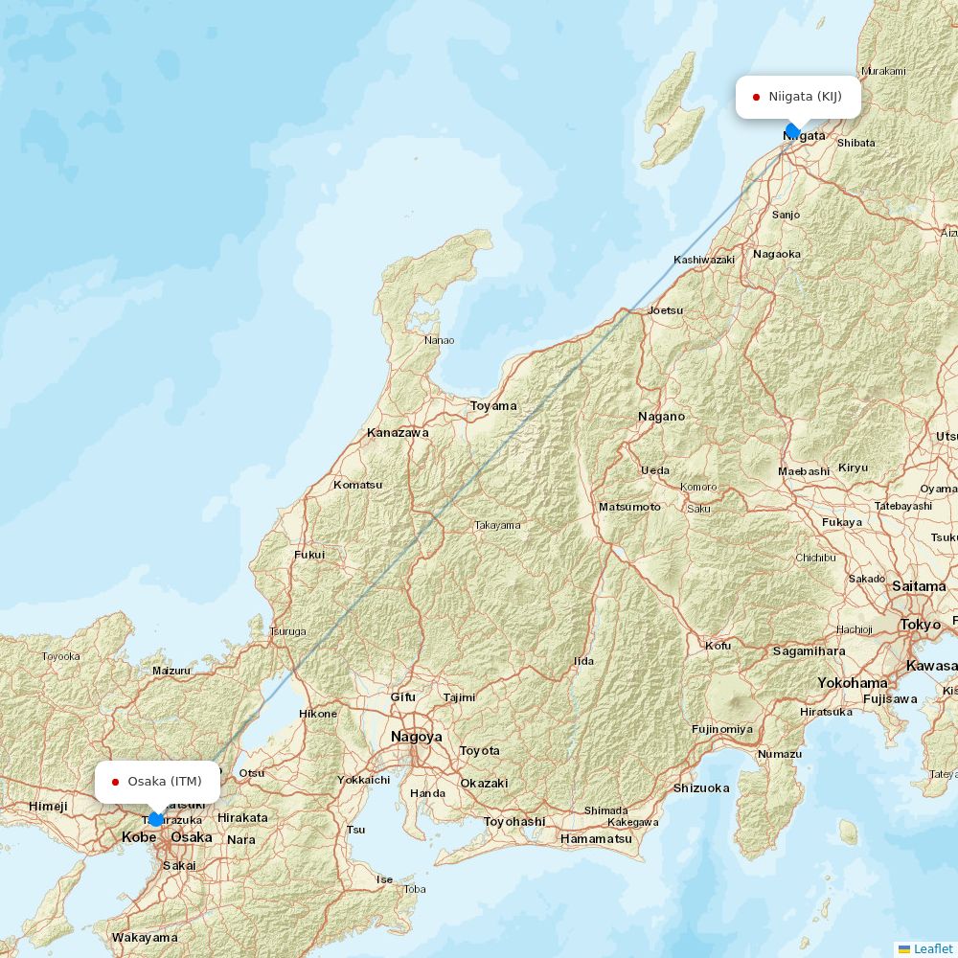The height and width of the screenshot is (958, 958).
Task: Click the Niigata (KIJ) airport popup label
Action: [x=798, y=97]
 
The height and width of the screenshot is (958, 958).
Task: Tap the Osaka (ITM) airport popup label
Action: [x=157, y=782]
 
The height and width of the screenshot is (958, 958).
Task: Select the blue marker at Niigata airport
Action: [x=792, y=130]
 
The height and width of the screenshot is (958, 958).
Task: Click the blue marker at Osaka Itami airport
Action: [x=155, y=819]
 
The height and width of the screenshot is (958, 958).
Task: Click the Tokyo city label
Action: [x=920, y=625]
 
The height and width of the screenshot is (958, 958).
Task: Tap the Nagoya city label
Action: [x=417, y=737]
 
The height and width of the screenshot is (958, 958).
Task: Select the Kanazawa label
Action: [x=398, y=433]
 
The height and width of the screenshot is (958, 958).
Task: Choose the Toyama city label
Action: [x=493, y=406]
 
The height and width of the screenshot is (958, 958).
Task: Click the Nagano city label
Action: [x=662, y=417]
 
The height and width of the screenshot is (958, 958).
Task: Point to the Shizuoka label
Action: [x=701, y=788]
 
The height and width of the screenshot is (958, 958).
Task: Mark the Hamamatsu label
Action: [x=596, y=839]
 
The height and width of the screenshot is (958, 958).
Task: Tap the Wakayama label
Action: [x=145, y=937]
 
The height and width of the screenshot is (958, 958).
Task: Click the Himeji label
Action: [x=48, y=807]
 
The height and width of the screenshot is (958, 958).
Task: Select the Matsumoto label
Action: [x=629, y=506]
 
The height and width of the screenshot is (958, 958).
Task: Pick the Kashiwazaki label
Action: [x=704, y=260]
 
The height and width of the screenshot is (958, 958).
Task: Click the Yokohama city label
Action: [x=852, y=683]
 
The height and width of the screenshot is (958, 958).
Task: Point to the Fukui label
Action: [x=309, y=555]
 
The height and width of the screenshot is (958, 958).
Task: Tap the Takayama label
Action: [x=498, y=525]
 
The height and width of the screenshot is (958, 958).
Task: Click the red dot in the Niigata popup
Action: [x=756, y=97]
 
